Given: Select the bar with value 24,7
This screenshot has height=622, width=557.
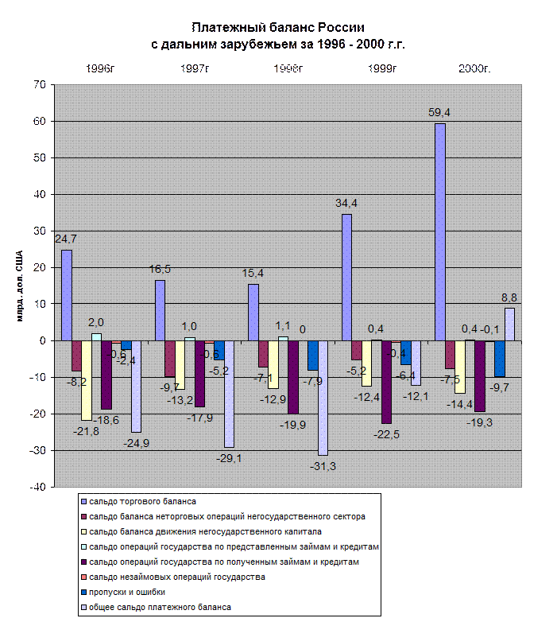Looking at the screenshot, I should click(x=67, y=295).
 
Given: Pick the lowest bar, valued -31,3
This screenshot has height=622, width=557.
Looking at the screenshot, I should click(x=323, y=398).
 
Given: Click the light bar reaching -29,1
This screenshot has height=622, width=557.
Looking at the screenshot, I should click(x=229, y=394).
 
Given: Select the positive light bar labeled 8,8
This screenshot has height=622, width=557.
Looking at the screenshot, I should click(x=509, y=324).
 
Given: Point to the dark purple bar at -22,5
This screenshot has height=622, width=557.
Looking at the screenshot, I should click(x=386, y=382).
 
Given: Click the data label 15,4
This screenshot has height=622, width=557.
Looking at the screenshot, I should click(x=253, y=274).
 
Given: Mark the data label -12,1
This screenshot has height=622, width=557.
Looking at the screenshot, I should click(x=417, y=396).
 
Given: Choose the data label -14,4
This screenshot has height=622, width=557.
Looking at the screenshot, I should click(x=461, y=404).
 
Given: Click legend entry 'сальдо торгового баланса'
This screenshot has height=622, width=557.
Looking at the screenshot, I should click(x=142, y=501).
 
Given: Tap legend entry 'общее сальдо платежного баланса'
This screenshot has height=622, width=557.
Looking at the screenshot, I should click(x=160, y=607).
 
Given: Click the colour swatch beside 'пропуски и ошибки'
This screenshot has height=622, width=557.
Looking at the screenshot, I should click(x=83, y=592).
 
